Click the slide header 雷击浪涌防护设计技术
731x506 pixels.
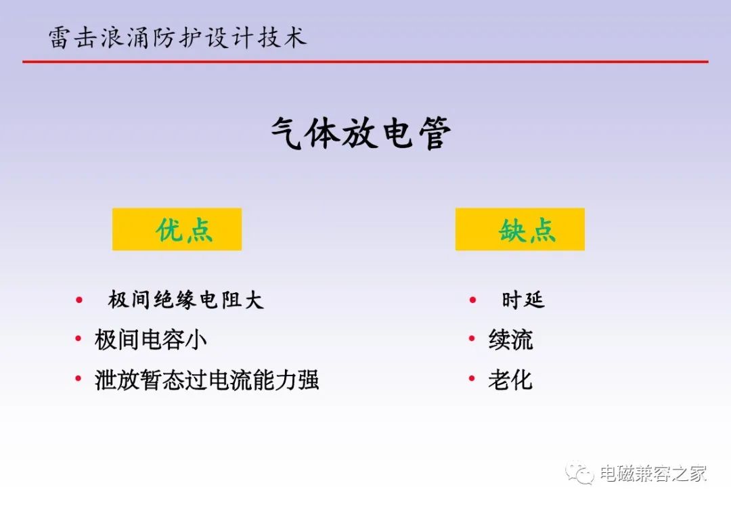(x=177, y=37)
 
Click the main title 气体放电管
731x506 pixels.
(x=361, y=133)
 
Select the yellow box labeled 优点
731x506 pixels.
(x=177, y=229)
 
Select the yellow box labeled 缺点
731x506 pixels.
(x=520, y=229)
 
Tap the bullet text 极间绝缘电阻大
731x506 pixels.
(x=186, y=300)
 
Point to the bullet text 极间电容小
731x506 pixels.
(x=150, y=339)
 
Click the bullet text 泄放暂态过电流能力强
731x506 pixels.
(x=207, y=379)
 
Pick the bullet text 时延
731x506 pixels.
(x=523, y=300)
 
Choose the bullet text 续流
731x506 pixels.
(x=510, y=339)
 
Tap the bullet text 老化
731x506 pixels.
(x=510, y=379)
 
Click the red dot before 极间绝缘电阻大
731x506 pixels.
(x=79, y=300)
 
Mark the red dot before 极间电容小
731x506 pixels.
(x=79, y=339)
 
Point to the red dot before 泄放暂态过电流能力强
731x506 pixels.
(x=79, y=378)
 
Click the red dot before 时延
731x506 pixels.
(x=472, y=300)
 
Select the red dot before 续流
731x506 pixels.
(x=472, y=339)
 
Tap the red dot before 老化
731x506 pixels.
(x=472, y=378)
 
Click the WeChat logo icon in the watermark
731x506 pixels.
(x=580, y=473)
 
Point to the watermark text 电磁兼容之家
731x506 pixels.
(x=653, y=474)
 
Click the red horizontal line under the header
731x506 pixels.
(x=365, y=62)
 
